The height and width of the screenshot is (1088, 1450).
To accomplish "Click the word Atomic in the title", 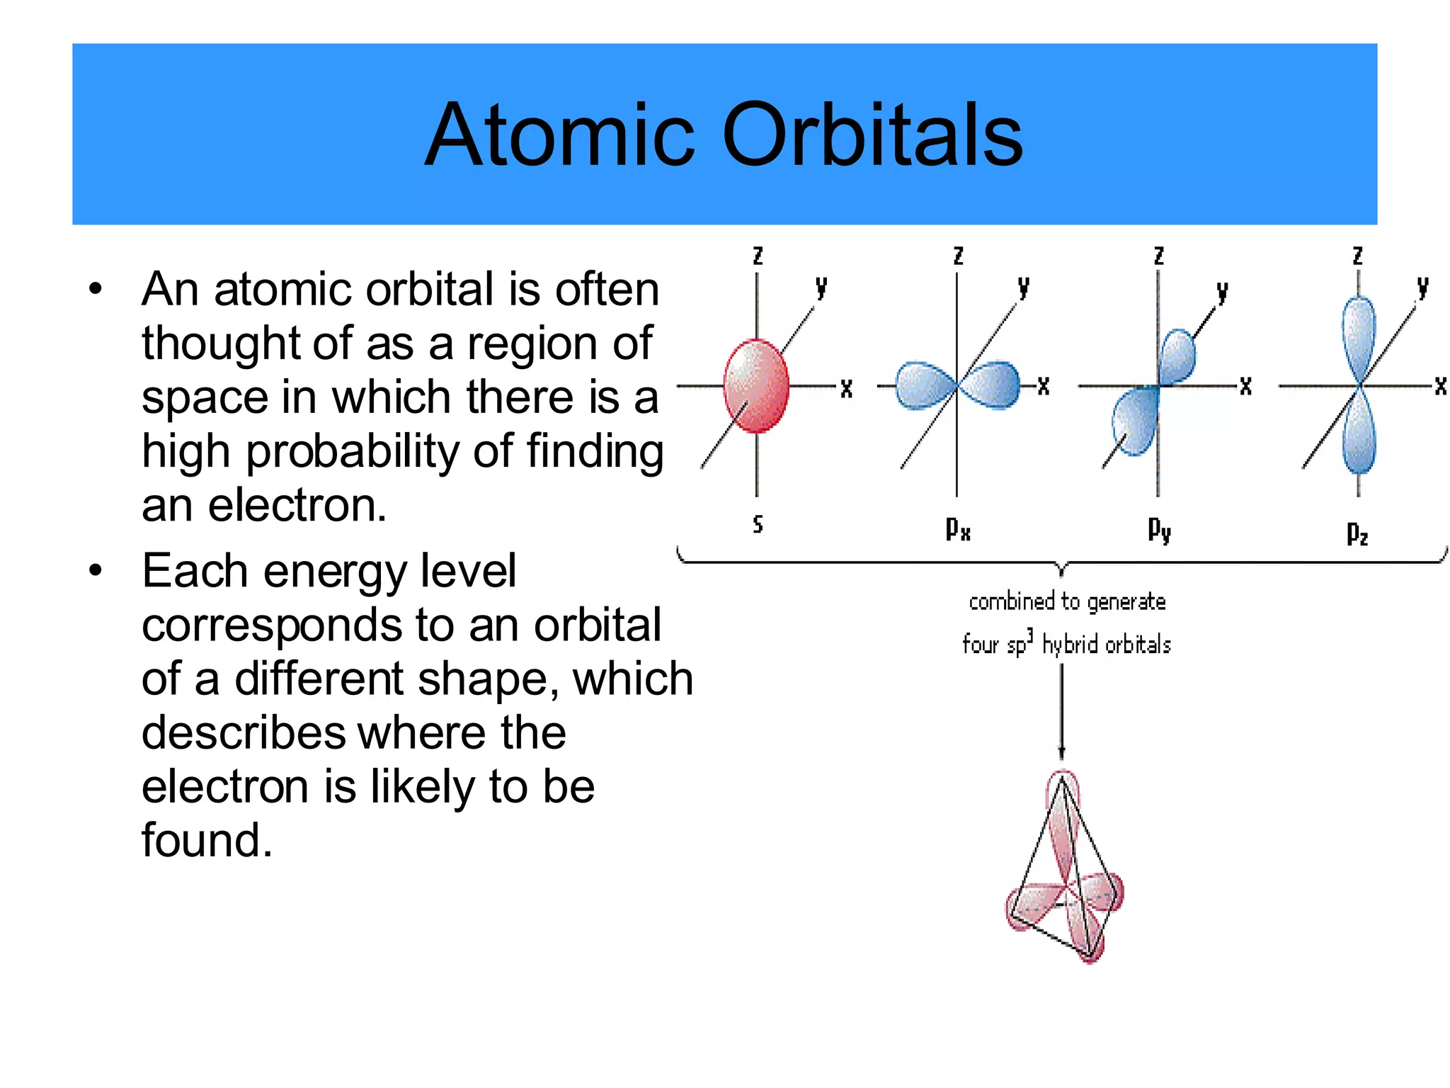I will [559, 135].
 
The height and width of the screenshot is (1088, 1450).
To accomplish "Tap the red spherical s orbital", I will [756, 385].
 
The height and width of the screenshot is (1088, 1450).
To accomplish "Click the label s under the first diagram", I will [758, 524].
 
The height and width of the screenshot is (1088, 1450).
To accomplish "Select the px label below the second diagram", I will [958, 528].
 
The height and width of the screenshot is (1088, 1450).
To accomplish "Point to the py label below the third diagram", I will [1159, 529].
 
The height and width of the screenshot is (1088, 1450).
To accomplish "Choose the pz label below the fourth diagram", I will [1357, 533].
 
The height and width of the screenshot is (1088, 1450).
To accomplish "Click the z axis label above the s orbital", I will [758, 256].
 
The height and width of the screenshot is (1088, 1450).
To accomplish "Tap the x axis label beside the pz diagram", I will [1440, 386].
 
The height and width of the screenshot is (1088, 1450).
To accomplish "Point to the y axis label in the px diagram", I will [1023, 287].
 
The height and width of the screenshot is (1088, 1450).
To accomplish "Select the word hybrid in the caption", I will [1070, 645].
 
